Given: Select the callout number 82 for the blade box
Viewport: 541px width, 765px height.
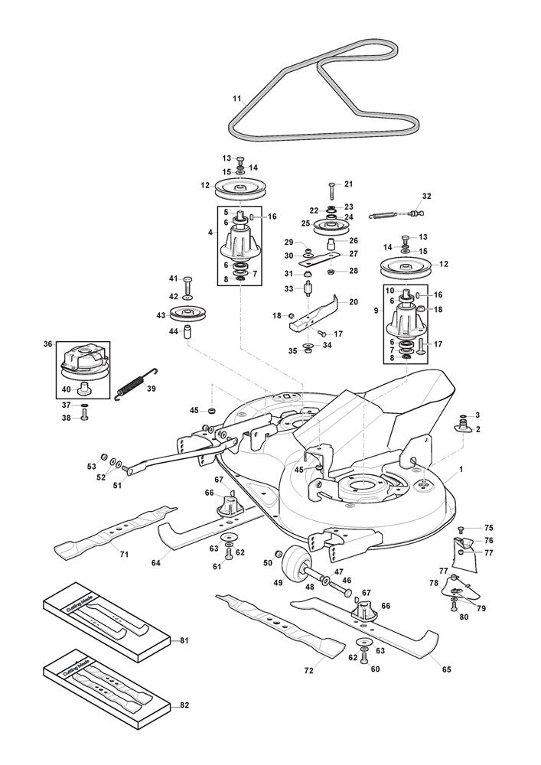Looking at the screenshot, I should click(184, 705).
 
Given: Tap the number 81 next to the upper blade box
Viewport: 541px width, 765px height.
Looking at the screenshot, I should click(184, 640).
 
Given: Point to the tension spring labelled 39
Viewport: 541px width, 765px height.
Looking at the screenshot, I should click(135, 384).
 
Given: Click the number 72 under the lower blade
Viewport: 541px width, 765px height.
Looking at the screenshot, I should click(309, 670).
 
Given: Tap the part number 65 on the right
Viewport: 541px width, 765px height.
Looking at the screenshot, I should click(446, 669).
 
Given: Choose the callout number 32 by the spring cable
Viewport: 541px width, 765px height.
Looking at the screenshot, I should click(427, 197).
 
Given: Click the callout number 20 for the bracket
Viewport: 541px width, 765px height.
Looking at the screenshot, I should click(353, 301).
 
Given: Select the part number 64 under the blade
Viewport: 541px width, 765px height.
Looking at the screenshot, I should click(156, 563).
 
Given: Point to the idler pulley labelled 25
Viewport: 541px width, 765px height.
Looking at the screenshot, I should click(331, 226).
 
